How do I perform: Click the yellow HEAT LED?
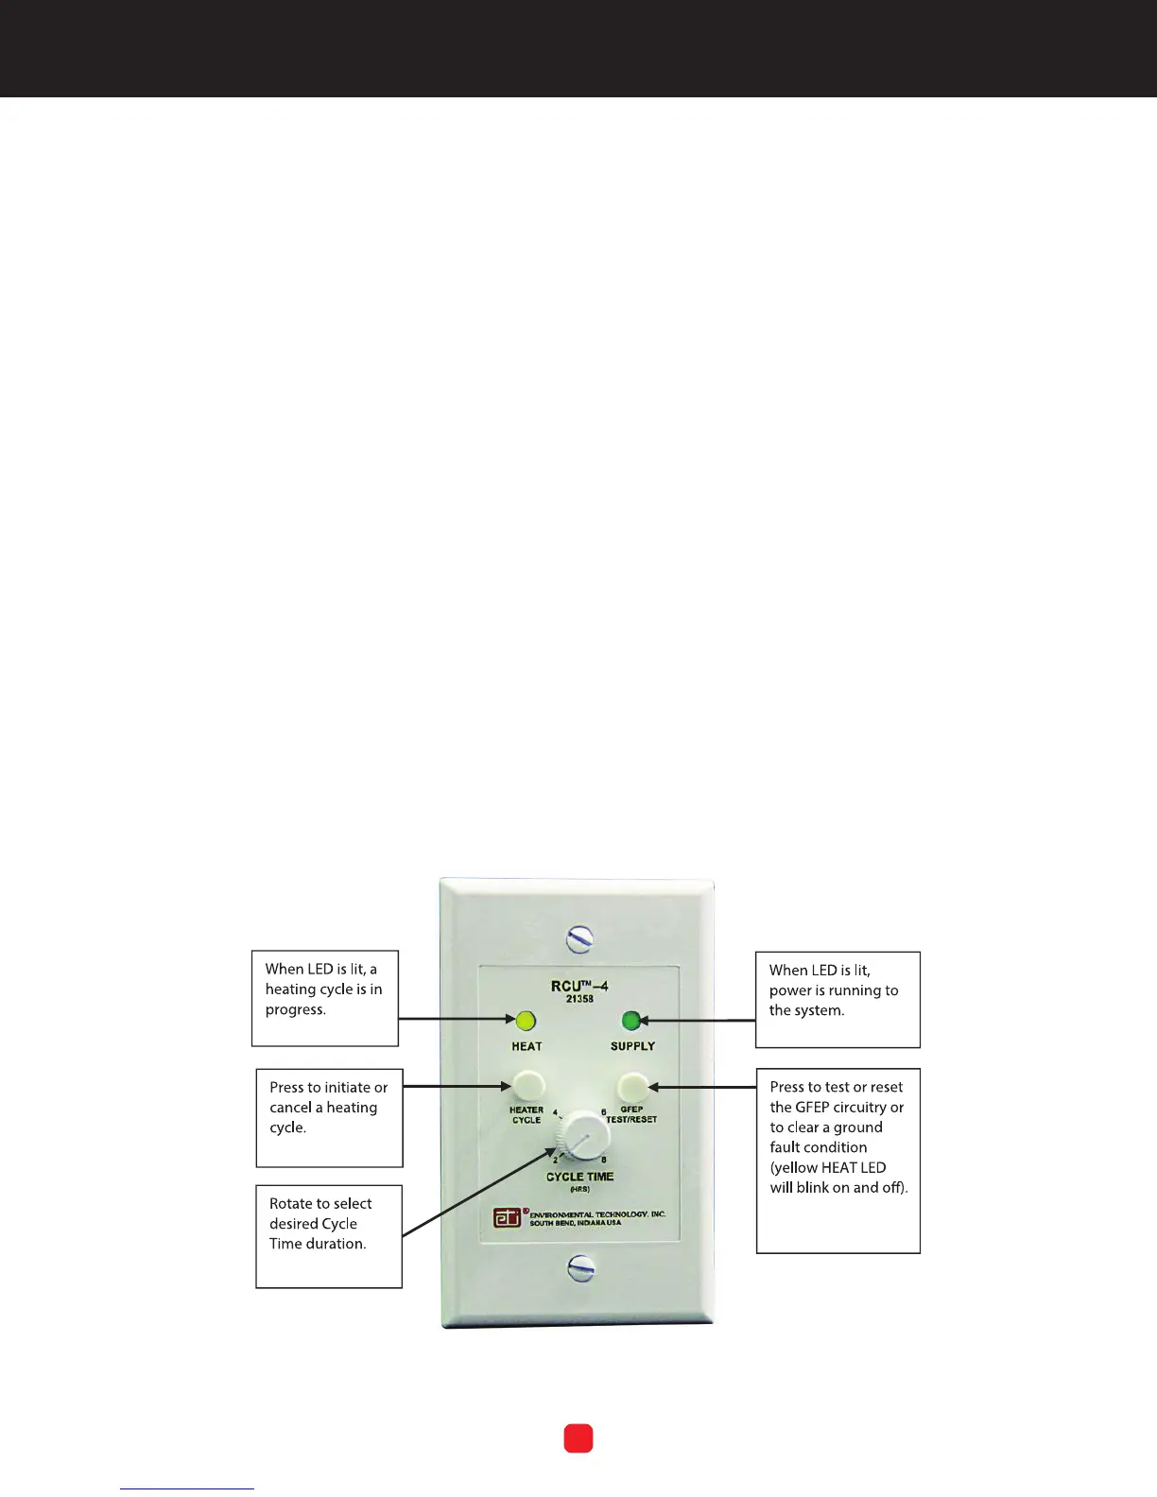[x=526, y=1021]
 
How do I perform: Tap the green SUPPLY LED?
[x=631, y=1021]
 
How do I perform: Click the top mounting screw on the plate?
[x=579, y=938]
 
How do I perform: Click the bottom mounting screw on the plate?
[x=581, y=1268]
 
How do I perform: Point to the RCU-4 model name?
[x=579, y=986]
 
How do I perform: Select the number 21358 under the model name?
[x=579, y=999]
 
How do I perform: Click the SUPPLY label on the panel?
[x=632, y=1046]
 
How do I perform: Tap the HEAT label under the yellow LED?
[x=527, y=1046]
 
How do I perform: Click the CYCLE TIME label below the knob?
[x=579, y=1177]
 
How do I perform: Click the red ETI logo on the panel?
[x=508, y=1217]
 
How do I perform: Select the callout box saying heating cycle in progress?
[x=324, y=998]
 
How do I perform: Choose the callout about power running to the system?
[x=838, y=999]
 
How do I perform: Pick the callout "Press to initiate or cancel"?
[x=329, y=1117]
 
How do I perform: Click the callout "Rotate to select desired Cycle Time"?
[x=329, y=1235]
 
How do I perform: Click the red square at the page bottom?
[x=578, y=1438]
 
